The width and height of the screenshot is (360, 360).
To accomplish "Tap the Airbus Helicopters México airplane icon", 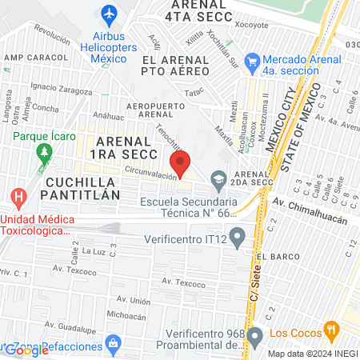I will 110,14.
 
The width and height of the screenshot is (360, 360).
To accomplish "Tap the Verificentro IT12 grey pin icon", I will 236,237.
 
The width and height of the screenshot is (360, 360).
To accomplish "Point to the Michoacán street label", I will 126,316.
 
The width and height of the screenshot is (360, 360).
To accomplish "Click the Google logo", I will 26,350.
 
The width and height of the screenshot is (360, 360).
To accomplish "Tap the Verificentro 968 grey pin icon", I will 255,334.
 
